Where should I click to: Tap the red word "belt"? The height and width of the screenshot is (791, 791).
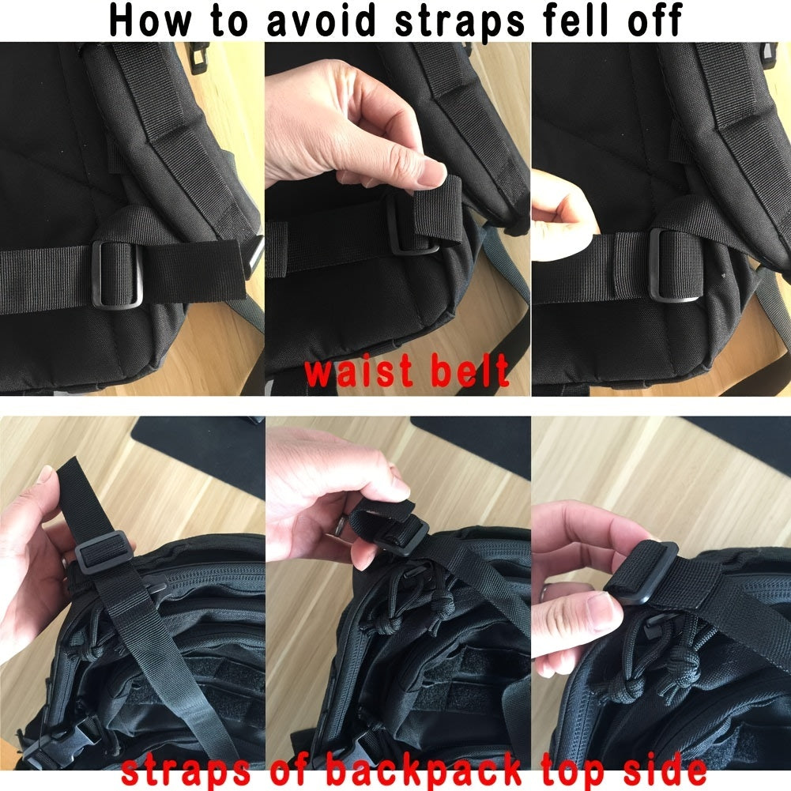pos(470,372)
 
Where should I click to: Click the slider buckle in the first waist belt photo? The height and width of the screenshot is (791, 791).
pos(117,273)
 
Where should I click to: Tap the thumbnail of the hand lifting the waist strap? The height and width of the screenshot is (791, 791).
pos(427,168)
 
